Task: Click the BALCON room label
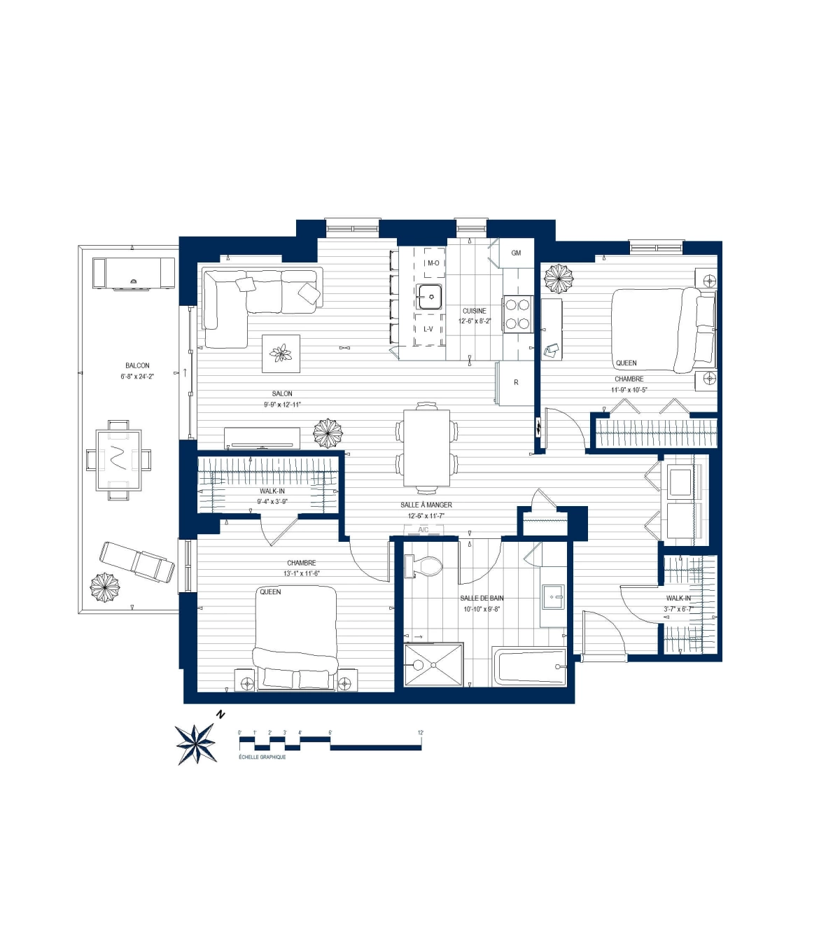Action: pyautogui.click(x=137, y=365)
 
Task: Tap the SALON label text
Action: pyautogui.click(x=282, y=393)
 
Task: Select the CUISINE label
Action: pyautogui.click(x=474, y=311)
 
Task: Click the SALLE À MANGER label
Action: pyautogui.click(x=426, y=505)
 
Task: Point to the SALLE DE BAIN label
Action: pyautogui.click(x=482, y=598)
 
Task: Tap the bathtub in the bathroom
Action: pyautogui.click(x=529, y=667)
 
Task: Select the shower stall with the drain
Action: pyautogui.click(x=433, y=664)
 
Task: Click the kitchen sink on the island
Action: pyautogui.click(x=430, y=297)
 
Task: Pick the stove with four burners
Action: pyautogui.click(x=517, y=314)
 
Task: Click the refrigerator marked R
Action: pyautogui.click(x=515, y=383)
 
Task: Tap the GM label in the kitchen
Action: pyautogui.click(x=516, y=253)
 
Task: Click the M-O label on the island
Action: pyautogui.click(x=433, y=263)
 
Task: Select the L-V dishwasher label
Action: pyautogui.click(x=428, y=329)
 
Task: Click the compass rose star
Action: pyautogui.click(x=196, y=743)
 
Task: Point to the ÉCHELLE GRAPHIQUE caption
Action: pyautogui.click(x=262, y=757)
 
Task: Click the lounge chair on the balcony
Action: pyautogui.click(x=137, y=561)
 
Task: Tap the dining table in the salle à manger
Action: pyautogui.click(x=426, y=447)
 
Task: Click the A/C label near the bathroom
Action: pyautogui.click(x=423, y=530)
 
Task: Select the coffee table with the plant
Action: pyautogui.click(x=281, y=353)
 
